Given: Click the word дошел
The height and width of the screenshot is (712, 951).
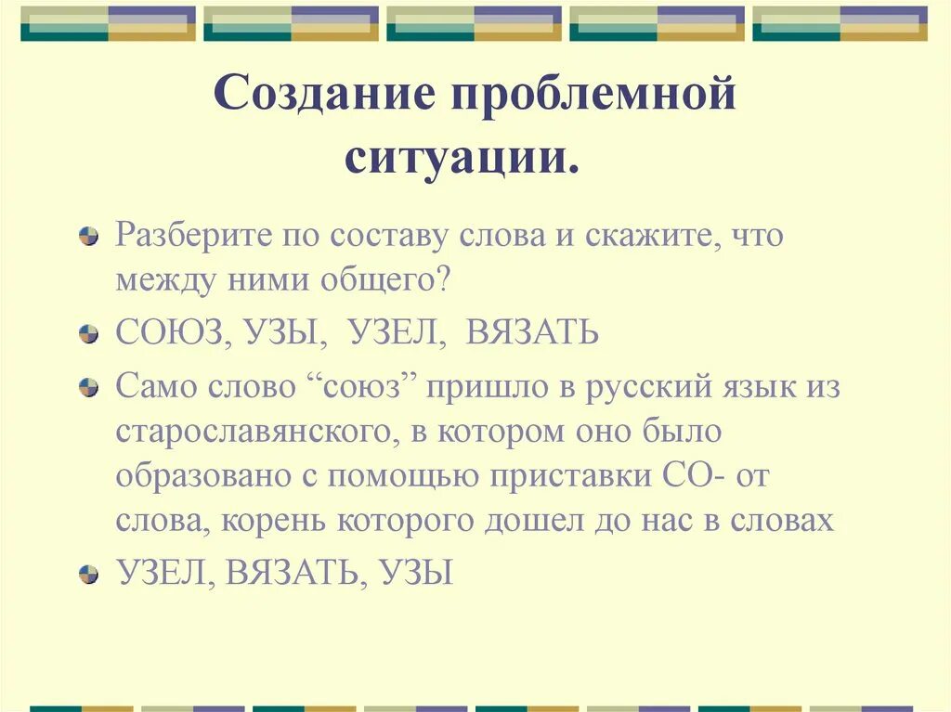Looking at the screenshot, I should [570, 522].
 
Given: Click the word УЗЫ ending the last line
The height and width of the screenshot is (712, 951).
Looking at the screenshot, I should [416, 573].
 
